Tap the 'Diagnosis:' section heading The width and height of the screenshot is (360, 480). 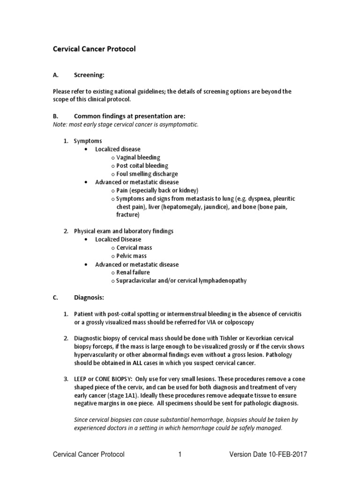[x=90, y=297]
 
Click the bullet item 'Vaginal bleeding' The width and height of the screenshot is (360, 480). [x=138, y=157]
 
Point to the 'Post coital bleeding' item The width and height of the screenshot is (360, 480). [x=142, y=166]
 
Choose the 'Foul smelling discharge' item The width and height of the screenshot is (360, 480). [x=147, y=174]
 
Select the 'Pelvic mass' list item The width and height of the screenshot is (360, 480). [x=131, y=256]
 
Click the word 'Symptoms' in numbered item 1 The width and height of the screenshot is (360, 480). [x=88, y=141]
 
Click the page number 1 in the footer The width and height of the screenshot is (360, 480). [x=180, y=454]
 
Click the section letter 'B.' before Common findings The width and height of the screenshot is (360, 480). [x=55, y=116]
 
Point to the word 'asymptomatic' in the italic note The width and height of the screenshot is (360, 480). [x=180, y=125]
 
